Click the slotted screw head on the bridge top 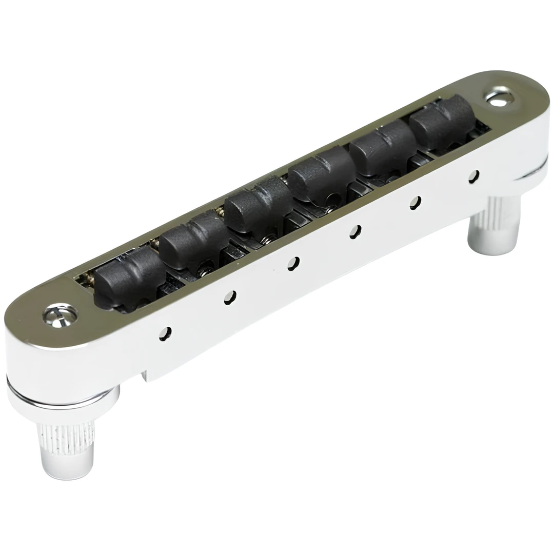pos(60,314)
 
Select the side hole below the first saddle pos(165,334)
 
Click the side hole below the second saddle pos(230,298)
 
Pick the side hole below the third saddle pos(293,263)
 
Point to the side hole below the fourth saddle pos(355,231)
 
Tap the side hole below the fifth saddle pos(415,203)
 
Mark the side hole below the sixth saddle pos(473,176)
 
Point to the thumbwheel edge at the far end pos(533,169)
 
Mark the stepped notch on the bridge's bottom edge pos(145,374)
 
